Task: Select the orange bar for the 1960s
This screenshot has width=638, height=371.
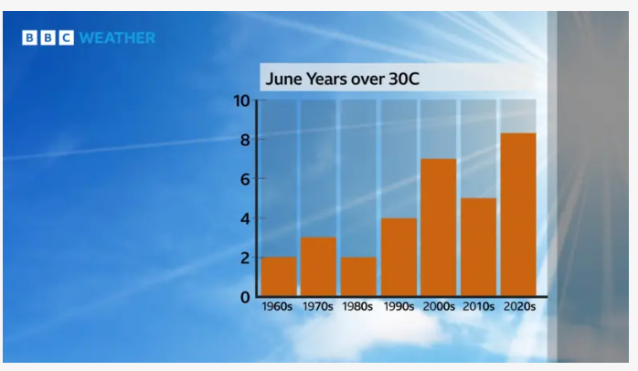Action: pyautogui.click(x=279, y=277)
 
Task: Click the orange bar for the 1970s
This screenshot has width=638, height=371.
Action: pyautogui.click(x=319, y=267)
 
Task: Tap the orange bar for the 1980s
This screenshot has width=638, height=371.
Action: pyautogui.click(x=358, y=277)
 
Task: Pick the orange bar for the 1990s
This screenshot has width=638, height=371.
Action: pyautogui.click(x=399, y=257)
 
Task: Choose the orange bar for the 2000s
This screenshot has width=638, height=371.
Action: pyautogui.click(x=439, y=228)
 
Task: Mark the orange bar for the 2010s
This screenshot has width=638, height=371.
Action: pyautogui.click(x=479, y=248)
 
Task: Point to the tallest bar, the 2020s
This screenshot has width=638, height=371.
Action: pyautogui.click(x=518, y=215)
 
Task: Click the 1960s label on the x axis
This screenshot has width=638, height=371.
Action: pyautogui.click(x=277, y=306)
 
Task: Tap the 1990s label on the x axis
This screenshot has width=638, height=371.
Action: pyautogui.click(x=399, y=306)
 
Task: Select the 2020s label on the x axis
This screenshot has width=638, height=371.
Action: pyautogui.click(x=519, y=306)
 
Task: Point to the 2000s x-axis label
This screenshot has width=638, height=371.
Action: pyautogui.click(x=439, y=306)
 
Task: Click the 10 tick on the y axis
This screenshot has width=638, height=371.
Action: pyautogui.click(x=241, y=101)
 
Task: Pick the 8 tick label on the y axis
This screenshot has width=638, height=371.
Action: pyautogui.click(x=245, y=140)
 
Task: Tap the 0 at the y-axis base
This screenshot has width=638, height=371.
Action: pyautogui.click(x=245, y=297)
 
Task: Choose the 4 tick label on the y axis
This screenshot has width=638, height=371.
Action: pyautogui.click(x=245, y=219)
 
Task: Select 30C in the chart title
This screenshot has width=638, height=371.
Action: pyautogui.click(x=404, y=79)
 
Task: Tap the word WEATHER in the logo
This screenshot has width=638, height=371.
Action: pyautogui.click(x=117, y=37)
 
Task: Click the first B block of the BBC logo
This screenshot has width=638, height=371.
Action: pyautogui.click(x=29, y=37)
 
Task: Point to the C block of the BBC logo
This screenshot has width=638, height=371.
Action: pyautogui.click(x=67, y=37)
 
